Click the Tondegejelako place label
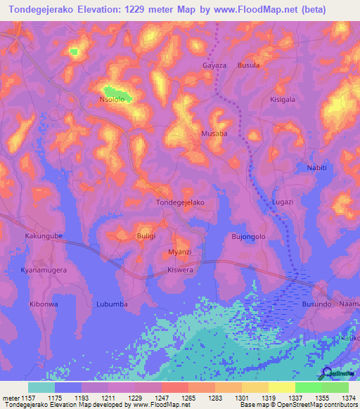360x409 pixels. [x=179, y=202]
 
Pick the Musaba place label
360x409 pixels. [x=214, y=134]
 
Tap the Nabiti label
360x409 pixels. [x=318, y=167]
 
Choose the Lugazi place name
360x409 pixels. [x=283, y=202]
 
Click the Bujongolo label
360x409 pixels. [x=248, y=237]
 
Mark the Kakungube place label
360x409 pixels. [x=44, y=237]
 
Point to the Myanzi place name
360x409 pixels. [x=180, y=252]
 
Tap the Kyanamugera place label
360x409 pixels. [x=44, y=270]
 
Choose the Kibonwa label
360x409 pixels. [x=44, y=304]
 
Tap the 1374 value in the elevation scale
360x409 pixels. [x=349, y=397]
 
